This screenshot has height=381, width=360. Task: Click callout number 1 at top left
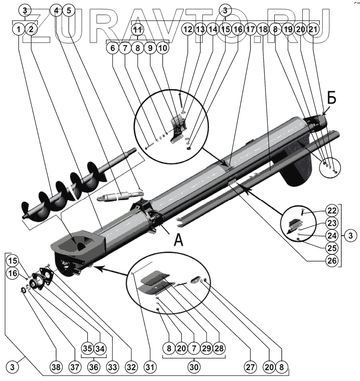point(18,29)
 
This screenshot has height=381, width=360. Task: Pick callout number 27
point(250,368)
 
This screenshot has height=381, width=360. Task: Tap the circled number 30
point(193,368)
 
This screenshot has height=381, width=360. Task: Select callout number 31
point(150,368)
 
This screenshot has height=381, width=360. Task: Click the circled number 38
point(56,368)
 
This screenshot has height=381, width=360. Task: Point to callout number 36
point(93,368)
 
